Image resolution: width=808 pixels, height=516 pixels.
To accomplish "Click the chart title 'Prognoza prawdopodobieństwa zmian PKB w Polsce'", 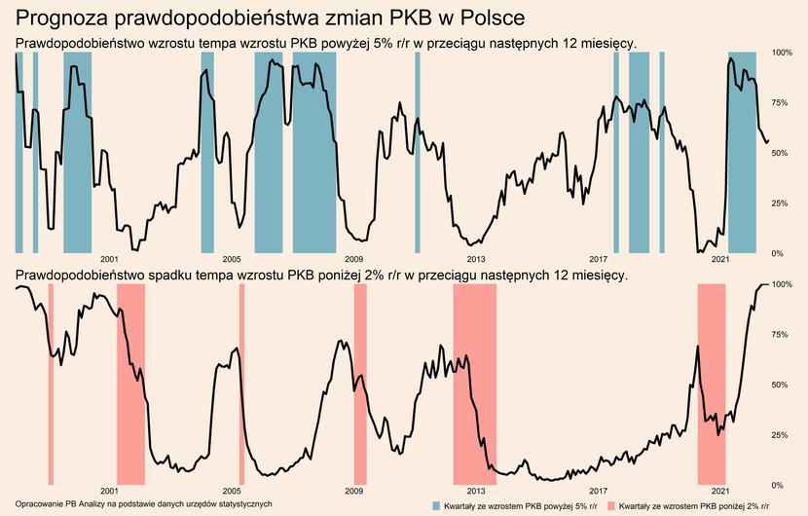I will [x=271, y=18].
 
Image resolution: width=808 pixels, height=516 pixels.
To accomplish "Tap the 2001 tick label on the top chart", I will [x=109, y=259].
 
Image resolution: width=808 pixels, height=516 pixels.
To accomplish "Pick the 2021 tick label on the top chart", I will [x=720, y=259].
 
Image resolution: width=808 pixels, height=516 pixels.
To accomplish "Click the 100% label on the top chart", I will [x=782, y=53].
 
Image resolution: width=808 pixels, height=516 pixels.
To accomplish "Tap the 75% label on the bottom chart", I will [x=782, y=334].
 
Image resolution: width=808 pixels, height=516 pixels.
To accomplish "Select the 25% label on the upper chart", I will [x=782, y=203].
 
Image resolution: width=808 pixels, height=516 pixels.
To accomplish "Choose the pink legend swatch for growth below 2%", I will [x=610, y=507].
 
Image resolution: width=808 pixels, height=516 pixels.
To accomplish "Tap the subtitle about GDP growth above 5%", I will [x=326, y=43].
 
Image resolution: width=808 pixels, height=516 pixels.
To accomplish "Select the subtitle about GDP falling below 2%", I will [x=321, y=276].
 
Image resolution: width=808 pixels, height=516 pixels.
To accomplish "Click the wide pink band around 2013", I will [x=474, y=385].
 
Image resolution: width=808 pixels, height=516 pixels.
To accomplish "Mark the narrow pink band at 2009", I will [x=359, y=385].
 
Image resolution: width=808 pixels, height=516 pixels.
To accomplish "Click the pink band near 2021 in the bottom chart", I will [x=712, y=385].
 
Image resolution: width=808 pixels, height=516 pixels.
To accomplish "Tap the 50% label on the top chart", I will [x=782, y=153].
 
